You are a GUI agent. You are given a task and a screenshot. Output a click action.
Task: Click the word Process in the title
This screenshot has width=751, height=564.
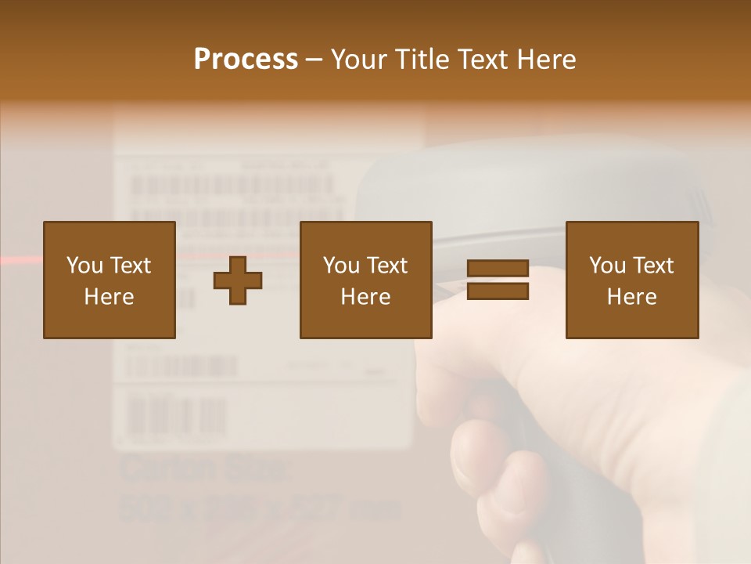click(246, 60)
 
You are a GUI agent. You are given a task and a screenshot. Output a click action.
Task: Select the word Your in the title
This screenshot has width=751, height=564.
click(360, 60)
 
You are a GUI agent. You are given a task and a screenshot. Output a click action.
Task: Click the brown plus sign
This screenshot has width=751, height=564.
click(238, 280)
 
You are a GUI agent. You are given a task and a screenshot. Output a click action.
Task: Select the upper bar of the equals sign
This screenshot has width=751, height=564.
click(498, 269)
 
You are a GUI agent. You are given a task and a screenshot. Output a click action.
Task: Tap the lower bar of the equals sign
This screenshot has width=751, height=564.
click(498, 291)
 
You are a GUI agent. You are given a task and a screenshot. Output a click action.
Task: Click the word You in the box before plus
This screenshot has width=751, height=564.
click(84, 266)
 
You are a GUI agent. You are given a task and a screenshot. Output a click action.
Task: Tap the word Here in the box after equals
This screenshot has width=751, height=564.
click(631, 297)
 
